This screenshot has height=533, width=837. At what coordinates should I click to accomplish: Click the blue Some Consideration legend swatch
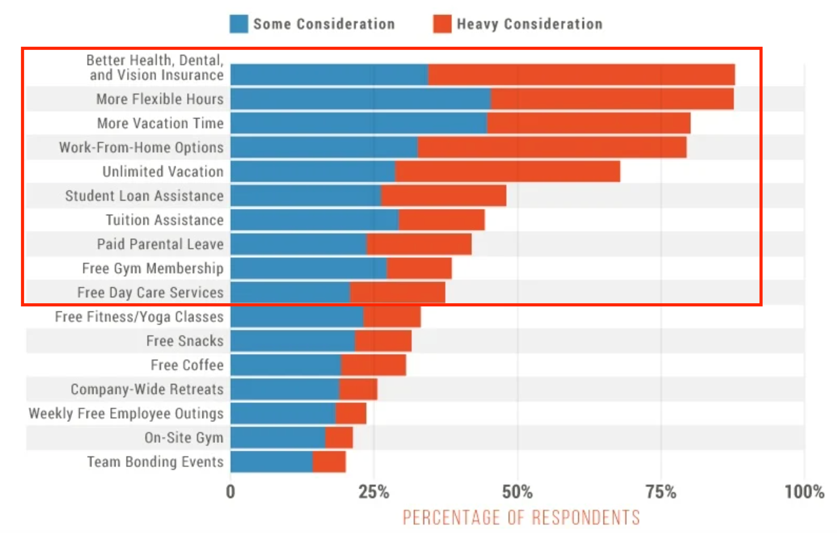pyautogui.click(x=238, y=24)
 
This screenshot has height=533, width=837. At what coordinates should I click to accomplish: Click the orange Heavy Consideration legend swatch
pyautogui.click(x=442, y=24)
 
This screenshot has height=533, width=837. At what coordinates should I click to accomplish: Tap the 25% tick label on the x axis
pyautogui.click(x=374, y=492)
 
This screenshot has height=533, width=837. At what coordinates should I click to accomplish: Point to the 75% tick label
pyautogui.click(x=661, y=492)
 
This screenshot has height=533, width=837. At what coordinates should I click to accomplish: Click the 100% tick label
pyautogui.click(x=804, y=492)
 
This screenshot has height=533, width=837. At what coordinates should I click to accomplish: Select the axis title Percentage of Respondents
pyautogui.click(x=521, y=518)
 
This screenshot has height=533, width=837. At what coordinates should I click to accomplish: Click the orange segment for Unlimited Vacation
pyautogui.click(x=507, y=172)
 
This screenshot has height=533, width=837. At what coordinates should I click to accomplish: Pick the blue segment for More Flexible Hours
pyautogui.click(x=361, y=99)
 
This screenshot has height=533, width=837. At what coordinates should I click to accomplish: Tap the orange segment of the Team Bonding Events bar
pyautogui.click(x=329, y=462)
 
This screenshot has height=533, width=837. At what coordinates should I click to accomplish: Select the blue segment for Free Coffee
pyautogui.click(x=285, y=365)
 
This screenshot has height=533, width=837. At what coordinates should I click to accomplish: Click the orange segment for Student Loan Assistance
pyautogui.click(x=443, y=196)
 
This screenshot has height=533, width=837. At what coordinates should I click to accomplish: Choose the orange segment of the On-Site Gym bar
pyautogui.click(x=338, y=438)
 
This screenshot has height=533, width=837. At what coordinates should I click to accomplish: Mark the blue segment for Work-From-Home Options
pyautogui.click(x=324, y=148)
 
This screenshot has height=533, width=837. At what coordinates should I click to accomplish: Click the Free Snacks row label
pyautogui.click(x=185, y=341)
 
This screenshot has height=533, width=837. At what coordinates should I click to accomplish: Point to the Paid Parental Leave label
pyautogui.click(x=160, y=244)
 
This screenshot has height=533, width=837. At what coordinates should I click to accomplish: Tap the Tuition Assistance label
pyautogui.click(x=164, y=220)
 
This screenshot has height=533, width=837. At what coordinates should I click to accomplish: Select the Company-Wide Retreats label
pyautogui.click(x=147, y=389)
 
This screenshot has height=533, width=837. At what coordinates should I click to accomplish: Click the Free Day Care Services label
pyautogui.click(x=150, y=293)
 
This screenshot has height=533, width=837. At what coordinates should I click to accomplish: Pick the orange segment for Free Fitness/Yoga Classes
pyautogui.click(x=392, y=317)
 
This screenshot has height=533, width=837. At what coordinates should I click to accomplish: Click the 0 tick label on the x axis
pyautogui.click(x=231, y=492)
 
